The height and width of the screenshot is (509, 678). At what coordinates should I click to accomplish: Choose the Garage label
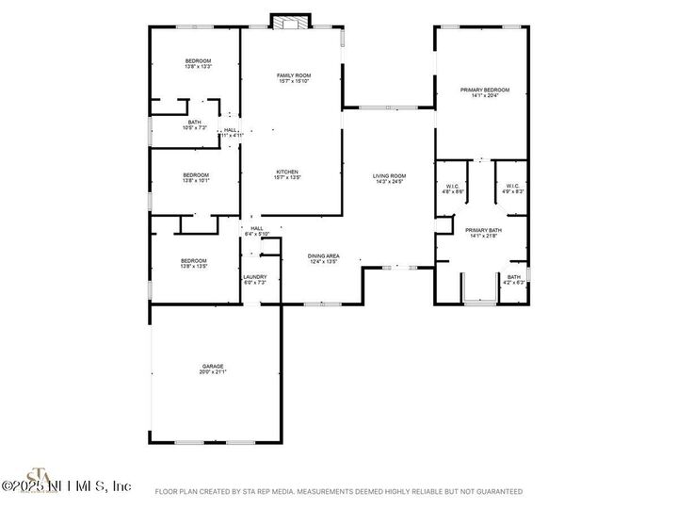click(x=212, y=369)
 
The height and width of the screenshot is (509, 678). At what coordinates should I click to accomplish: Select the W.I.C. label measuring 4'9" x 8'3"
click(x=512, y=189)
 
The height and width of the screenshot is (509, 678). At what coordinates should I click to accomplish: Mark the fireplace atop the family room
click(x=289, y=22)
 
